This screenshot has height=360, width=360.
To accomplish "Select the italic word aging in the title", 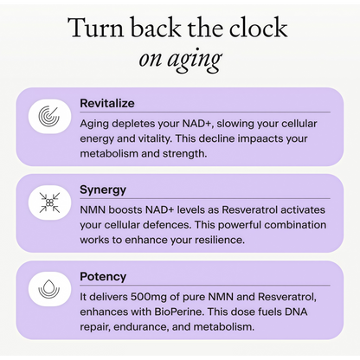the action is click(195, 60).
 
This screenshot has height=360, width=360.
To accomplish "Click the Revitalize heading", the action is click(107, 103).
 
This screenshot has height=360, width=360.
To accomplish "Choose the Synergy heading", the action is click(103, 190).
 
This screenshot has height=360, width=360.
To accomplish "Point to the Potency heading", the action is click(103, 277).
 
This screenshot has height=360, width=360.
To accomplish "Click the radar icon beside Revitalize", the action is click(49, 116).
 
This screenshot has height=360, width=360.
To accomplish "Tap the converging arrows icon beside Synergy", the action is click(49, 202).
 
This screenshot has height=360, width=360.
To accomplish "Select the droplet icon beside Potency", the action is click(49, 289).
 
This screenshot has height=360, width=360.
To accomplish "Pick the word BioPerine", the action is click(179, 312).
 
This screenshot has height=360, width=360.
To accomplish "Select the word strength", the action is click(184, 154).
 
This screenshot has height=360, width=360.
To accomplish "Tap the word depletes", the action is click(133, 124).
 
